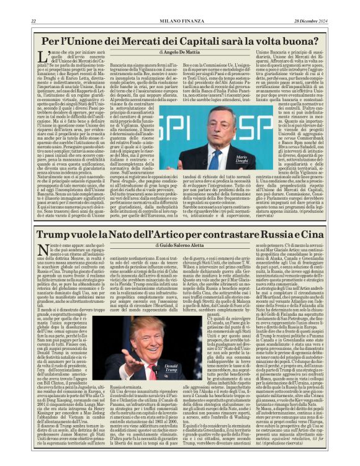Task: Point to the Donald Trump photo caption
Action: tap(172, 366)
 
